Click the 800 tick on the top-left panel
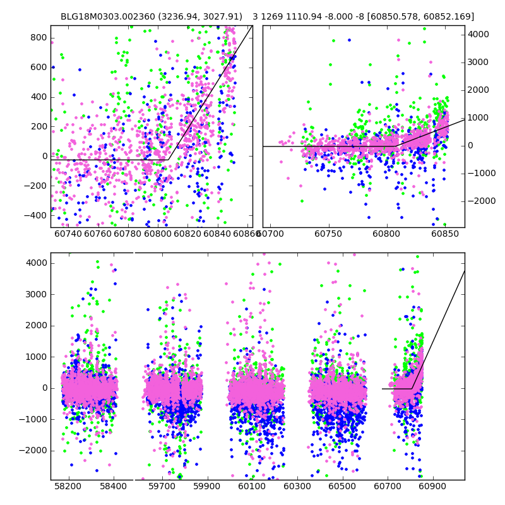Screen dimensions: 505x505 tap(39, 37)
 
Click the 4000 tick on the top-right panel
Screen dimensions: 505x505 tap(478, 34)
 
